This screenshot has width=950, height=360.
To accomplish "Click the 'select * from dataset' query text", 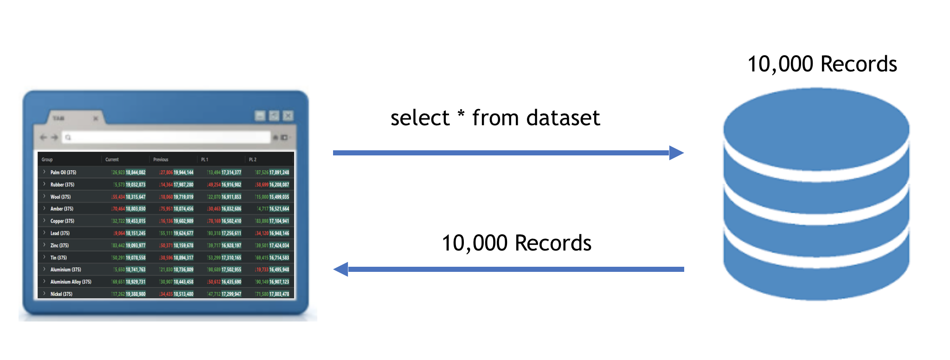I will tap(495, 118).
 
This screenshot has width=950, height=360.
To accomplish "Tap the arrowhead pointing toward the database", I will tap(676, 153).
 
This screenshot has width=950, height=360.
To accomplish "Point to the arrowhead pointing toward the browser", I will tap(341, 269).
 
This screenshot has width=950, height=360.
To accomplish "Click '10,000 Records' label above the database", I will tap(822, 64).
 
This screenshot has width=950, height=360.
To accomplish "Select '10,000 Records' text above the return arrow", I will tap(516, 243).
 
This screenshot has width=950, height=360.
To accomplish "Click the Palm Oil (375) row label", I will tap(63, 173).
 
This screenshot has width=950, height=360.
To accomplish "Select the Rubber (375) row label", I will tap(62, 185).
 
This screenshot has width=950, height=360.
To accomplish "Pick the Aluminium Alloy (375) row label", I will tap(71, 282).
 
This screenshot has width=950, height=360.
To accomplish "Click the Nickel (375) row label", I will tap(61, 294).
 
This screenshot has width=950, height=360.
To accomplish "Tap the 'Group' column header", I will tap(47, 160).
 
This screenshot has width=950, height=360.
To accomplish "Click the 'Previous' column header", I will tap(160, 160).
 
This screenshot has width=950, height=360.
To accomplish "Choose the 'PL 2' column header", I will tap(252, 160).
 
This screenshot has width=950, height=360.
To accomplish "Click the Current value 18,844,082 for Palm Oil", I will tap(135, 173).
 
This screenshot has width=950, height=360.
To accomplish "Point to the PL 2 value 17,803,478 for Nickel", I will tap(279, 294).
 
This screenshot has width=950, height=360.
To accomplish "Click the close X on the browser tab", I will tap(96, 119).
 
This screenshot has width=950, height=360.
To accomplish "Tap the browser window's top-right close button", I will tap(288, 116).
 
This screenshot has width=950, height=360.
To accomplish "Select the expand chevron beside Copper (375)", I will tap(45, 221).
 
